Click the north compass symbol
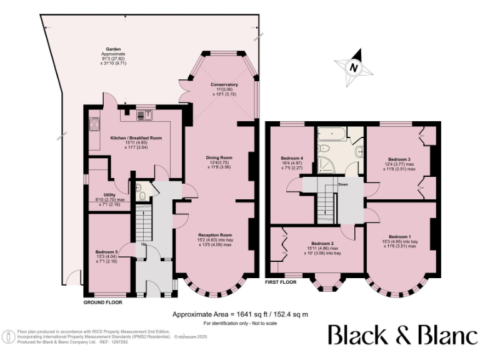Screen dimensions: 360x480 point(354,66)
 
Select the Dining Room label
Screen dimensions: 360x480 point(219,157)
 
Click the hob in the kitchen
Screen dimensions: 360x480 point(94,124)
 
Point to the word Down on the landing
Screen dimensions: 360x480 point(343,185)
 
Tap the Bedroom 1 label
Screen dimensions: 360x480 point(400,237)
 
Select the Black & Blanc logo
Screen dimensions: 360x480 point(402,335)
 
